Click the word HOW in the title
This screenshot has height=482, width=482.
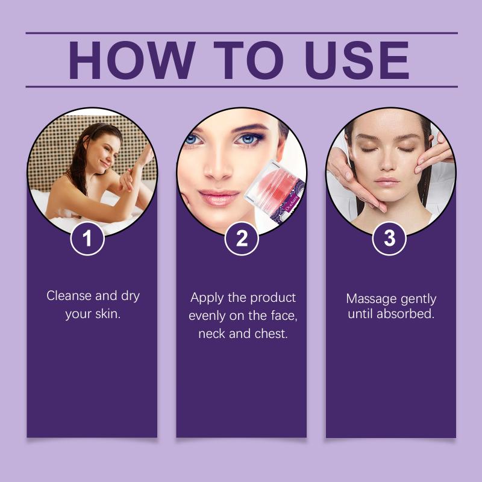pyautogui.click(x=132, y=60)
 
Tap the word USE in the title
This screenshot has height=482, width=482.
pyautogui.click(x=357, y=60)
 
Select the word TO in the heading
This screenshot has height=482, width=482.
pyautogui.click(x=248, y=60)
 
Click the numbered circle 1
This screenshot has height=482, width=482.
pyautogui.click(x=87, y=238)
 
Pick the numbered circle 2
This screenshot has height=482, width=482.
pyautogui.click(x=242, y=238)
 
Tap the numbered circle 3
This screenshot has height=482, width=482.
pyautogui.click(x=389, y=238)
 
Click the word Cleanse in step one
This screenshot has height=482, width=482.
pyautogui.click(x=69, y=296)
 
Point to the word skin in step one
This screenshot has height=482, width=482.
pyautogui.click(x=108, y=314)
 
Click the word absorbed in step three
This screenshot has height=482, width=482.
pyautogui.click(x=405, y=314)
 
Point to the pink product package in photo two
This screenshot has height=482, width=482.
pyautogui.click(x=275, y=190)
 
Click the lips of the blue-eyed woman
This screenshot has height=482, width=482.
pyautogui.click(x=219, y=197)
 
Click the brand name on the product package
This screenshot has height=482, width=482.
pyautogui.click(x=291, y=203)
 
